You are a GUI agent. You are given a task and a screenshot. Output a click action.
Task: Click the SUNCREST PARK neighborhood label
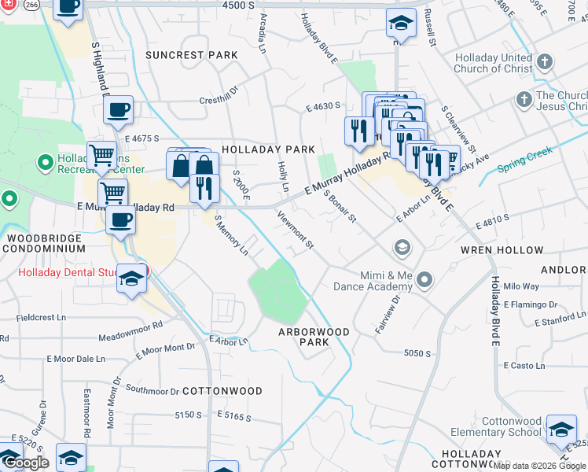coord(191,55)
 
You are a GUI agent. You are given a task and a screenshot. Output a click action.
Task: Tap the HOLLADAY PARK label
coord(268,149)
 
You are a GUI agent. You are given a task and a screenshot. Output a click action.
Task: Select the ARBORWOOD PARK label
coord(314,337)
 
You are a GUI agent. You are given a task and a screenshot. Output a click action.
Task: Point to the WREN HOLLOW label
coord(513,250)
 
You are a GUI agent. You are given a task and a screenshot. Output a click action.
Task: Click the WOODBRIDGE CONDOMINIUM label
coord(43,242)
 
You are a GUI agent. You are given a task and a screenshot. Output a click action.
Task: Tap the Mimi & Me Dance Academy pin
coord(425,279)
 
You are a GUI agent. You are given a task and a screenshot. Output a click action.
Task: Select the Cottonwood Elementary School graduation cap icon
coord(561,429)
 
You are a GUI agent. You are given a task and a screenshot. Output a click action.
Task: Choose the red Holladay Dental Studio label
coord(67,273)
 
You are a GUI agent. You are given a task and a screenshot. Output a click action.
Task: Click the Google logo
coord(27,463)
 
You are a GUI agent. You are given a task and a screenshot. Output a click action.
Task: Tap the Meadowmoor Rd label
coord(130,330)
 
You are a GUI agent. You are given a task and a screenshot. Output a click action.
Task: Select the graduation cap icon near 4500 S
coord(401,24)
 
